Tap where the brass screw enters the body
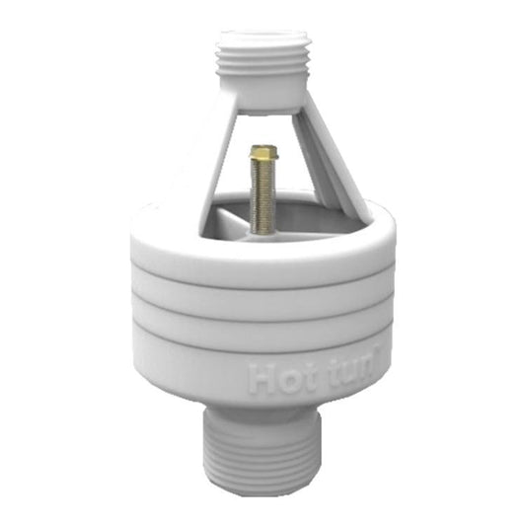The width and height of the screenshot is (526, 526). coord(263,230)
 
